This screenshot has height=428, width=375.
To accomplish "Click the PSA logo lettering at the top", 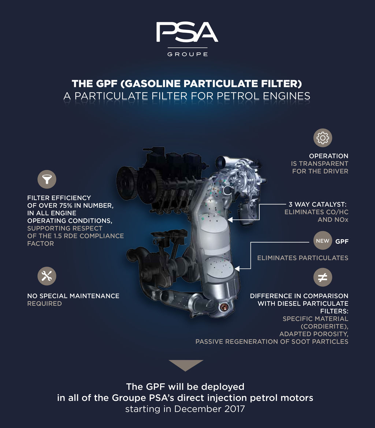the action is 187,32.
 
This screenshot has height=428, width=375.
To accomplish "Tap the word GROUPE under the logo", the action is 187,54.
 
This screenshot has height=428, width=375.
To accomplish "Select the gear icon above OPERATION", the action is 323,138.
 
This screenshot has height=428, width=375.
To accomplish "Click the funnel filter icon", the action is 47,179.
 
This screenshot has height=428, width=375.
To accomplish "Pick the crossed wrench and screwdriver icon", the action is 47,276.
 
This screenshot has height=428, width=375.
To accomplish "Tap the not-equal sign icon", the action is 323,277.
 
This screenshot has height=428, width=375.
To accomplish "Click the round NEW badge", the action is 323,241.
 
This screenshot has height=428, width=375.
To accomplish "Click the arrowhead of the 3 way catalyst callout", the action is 230,219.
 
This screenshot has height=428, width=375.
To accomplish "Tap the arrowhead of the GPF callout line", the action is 237,269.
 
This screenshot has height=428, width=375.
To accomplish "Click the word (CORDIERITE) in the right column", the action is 324,326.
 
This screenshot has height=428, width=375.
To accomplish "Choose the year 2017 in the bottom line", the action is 233,409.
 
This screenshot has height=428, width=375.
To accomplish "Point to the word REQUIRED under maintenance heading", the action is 45,304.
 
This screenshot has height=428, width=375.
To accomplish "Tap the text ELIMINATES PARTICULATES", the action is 303,258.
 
